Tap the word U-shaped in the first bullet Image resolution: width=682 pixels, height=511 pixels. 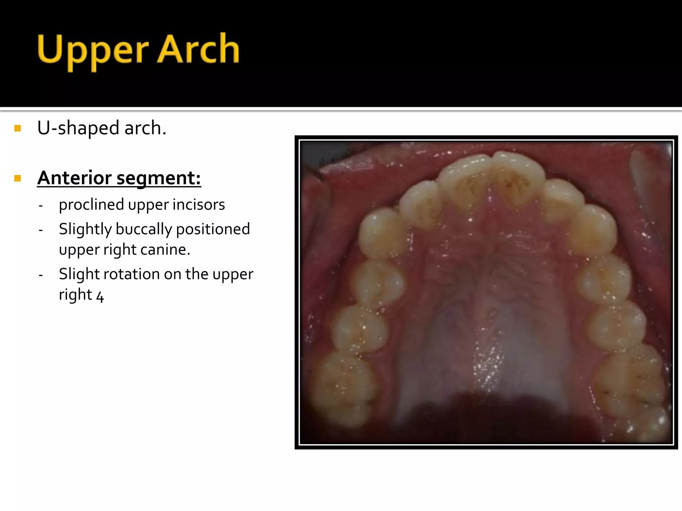point(78,128)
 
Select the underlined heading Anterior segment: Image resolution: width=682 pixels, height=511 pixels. point(119,178)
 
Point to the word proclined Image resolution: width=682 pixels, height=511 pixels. point(91,205)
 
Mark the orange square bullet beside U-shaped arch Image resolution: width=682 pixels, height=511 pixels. point(18,128)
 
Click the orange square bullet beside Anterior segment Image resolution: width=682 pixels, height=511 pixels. point(18,178)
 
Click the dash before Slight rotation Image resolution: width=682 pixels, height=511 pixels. point(41,275)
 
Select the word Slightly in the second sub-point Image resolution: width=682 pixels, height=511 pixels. point(85,230)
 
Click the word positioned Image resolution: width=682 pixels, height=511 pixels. point(213,230)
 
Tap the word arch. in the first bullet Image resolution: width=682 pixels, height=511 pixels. point(145,128)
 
